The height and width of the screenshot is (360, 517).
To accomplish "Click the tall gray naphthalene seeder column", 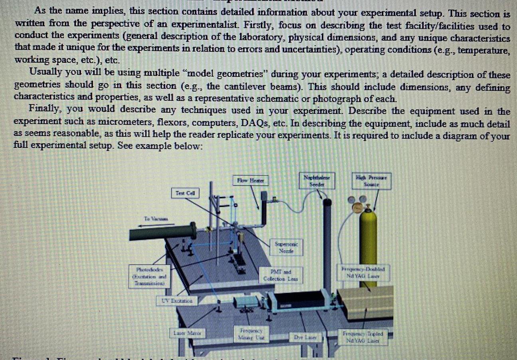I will pos(327,248).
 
